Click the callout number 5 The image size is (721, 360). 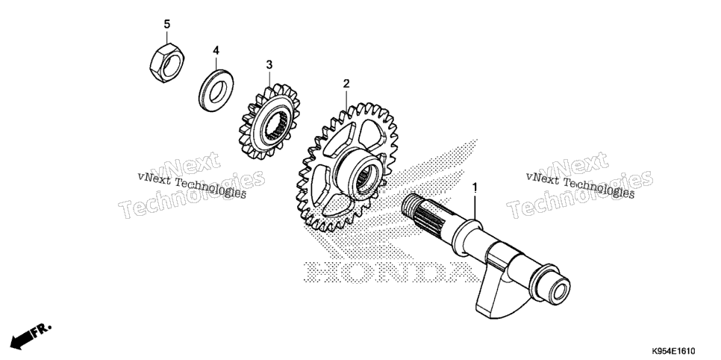167,24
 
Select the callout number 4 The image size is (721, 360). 216,50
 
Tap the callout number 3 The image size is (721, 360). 269,64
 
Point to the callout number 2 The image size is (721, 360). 346,84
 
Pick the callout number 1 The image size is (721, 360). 475,187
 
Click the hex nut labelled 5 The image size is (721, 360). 166,63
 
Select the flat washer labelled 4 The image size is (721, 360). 216,90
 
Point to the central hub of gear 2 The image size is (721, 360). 362,176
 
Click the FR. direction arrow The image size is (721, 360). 31,335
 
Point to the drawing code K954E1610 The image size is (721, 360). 672,351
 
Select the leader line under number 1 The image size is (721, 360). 475,206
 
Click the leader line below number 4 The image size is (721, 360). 216,63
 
